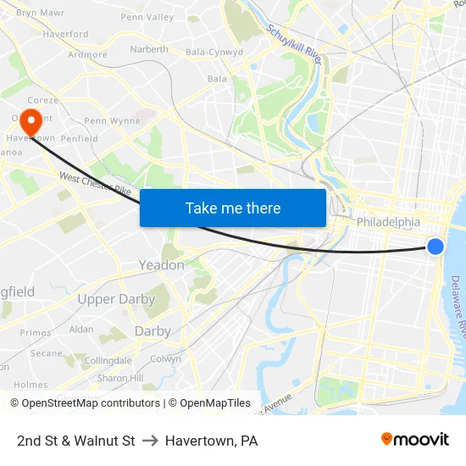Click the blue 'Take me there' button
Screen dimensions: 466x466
(233, 208)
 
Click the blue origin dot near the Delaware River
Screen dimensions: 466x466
(435, 247)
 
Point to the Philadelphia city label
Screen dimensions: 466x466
(388, 222)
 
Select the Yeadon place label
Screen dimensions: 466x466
(161, 265)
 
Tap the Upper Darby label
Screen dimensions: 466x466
(116, 299)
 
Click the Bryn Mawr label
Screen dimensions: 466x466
(40, 13)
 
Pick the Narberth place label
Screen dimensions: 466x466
(149, 49)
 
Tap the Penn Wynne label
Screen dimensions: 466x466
(112, 121)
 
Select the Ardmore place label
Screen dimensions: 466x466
(87, 55)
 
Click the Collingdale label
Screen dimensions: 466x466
(108, 360)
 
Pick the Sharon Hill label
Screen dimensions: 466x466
(119, 378)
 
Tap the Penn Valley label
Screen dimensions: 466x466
(147, 17)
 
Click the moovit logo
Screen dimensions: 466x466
(414, 439)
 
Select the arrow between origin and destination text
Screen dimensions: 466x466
(150, 441)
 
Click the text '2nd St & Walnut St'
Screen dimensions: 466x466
(76, 441)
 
